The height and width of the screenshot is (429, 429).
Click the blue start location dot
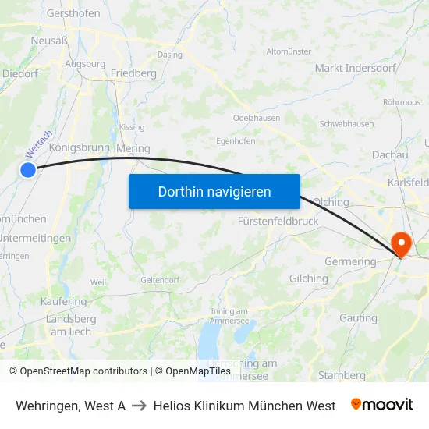(x=28, y=169)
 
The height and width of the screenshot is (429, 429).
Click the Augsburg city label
(x=86, y=64)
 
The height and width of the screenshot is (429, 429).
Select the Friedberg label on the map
(x=133, y=73)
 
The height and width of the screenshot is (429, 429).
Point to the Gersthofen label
(x=73, y=14)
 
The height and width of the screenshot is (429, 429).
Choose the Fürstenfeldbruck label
(x=278, y=221)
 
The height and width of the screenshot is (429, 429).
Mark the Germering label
(x=350, y=262)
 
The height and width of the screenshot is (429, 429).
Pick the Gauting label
(x=358, y=318)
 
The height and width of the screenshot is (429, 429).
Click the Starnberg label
(x=342, y=375)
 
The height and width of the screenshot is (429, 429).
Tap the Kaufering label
(x=64, y=301)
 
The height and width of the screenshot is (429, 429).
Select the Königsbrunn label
(x=79, y=147)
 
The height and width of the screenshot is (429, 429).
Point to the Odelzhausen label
(x=257, y=118)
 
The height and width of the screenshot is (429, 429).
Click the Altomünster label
(x=289, y=51)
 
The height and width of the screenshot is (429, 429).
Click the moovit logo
(x=381, y=405)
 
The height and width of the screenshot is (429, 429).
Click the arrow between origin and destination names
(x=139, y=406)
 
